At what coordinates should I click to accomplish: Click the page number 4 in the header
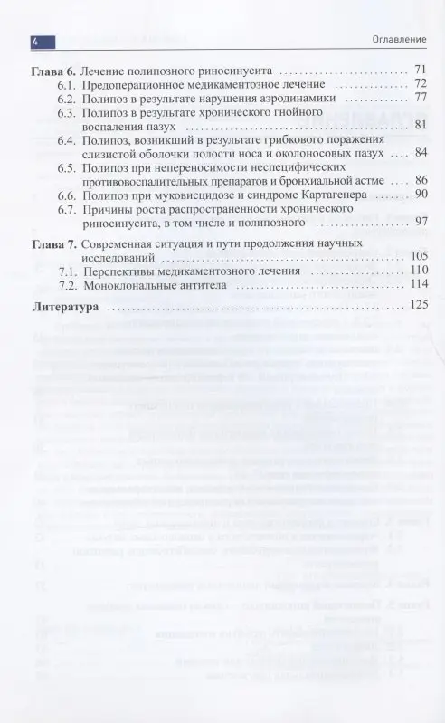pyautogui.click(x=34, y=42)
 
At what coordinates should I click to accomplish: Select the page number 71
pyautogui.click(x=419, y=70)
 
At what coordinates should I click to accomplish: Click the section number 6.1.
pyautogui.click(x=67, y=83)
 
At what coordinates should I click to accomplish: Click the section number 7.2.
pyautogui.click(x=67, y=286)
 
